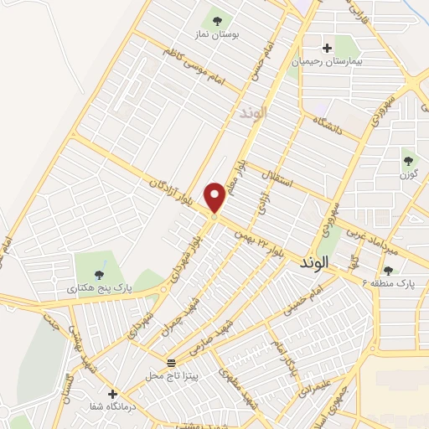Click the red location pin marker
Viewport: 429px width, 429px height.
(x=215, y=198)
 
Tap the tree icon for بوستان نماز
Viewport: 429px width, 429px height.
(x=218, y=21)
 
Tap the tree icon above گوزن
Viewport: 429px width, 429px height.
(x=408, y=160)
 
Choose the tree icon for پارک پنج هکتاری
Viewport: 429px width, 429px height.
(x=99, y=273)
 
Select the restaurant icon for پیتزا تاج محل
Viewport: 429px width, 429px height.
(x=171, y=363)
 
